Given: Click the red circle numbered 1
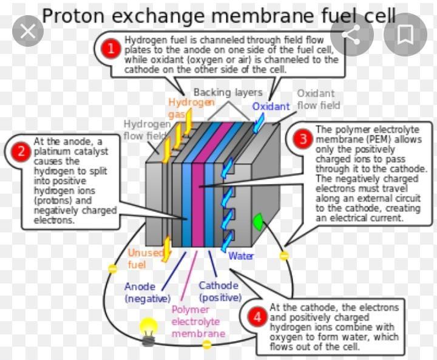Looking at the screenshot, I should click(110, 49).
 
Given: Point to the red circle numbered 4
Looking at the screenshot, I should click(257, 316).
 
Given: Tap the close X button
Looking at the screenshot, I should click(27, 32).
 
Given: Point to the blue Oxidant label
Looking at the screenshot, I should click(271, 107).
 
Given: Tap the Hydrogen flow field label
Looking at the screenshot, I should click(146, 129).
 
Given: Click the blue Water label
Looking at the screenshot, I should click(241, 256).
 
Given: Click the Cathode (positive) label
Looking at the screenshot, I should click(219, 291).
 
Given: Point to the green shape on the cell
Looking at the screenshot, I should click(257, 223).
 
